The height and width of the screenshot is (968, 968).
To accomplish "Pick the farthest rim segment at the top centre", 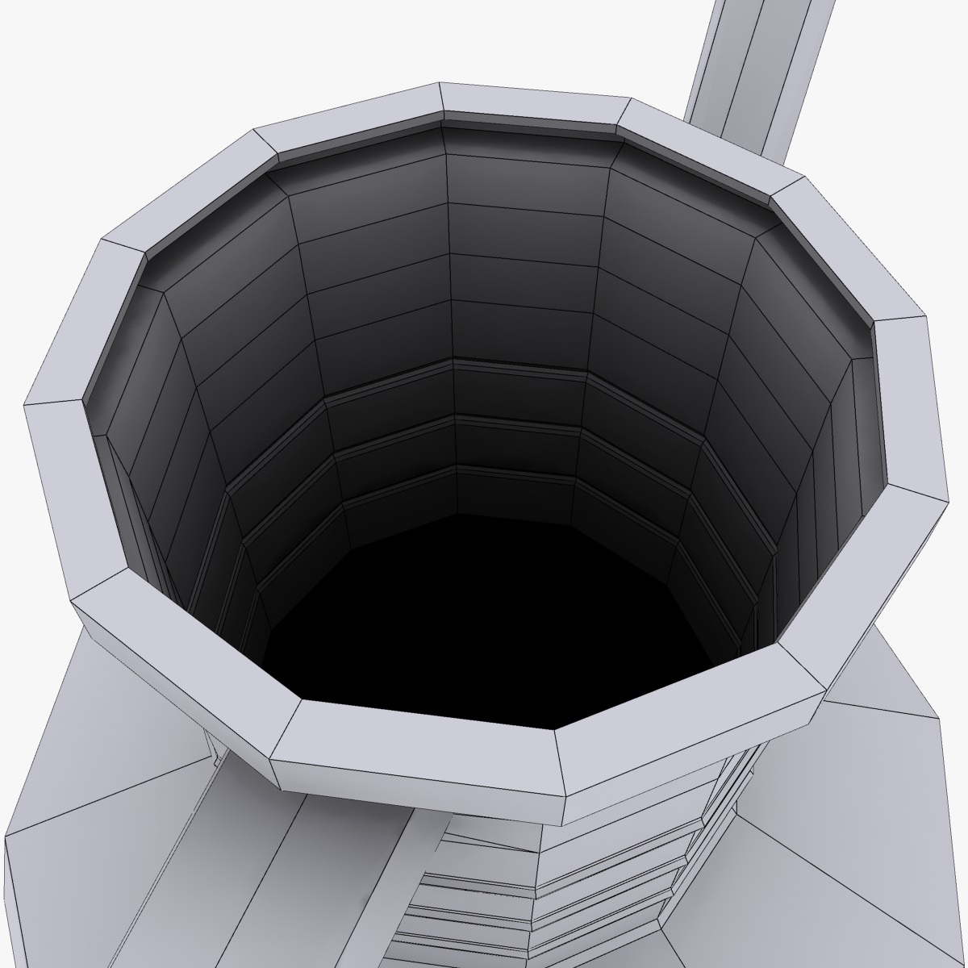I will pos(532,105).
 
